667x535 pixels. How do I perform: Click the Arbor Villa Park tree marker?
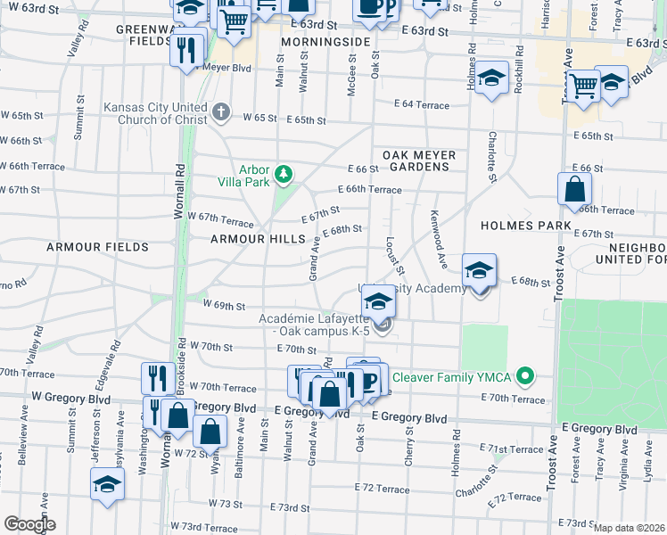click(x=284, y=173)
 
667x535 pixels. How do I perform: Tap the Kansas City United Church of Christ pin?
click(x=221, y=113)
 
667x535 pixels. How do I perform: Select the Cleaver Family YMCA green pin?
click(x=525, y=377)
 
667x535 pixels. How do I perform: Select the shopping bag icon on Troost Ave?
click(x=575, y=190)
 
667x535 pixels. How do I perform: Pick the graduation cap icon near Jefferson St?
click(x=108, y=484)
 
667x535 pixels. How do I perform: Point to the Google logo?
click(x=29, y=523)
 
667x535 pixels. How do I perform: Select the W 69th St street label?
click(x=224, y=306)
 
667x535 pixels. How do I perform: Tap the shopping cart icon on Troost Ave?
click(x=583, y=86)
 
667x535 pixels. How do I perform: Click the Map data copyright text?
click(x=629, y=528)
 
